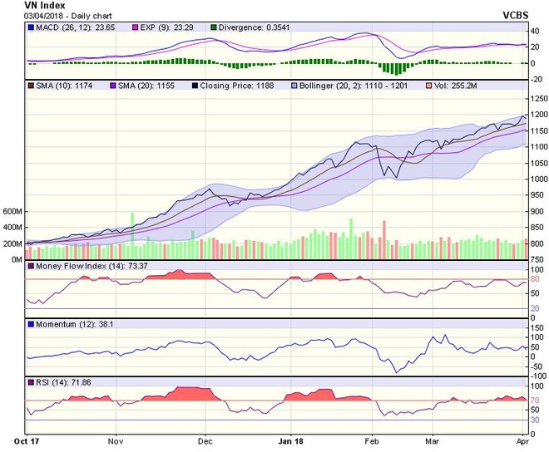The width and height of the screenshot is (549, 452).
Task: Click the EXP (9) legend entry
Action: point(163,27)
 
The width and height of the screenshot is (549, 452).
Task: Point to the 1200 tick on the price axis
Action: point(537,115)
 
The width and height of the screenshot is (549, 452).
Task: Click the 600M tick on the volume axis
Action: point(14,212)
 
